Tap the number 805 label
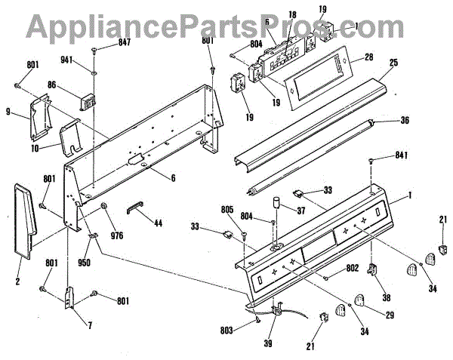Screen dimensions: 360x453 pos(248,209)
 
